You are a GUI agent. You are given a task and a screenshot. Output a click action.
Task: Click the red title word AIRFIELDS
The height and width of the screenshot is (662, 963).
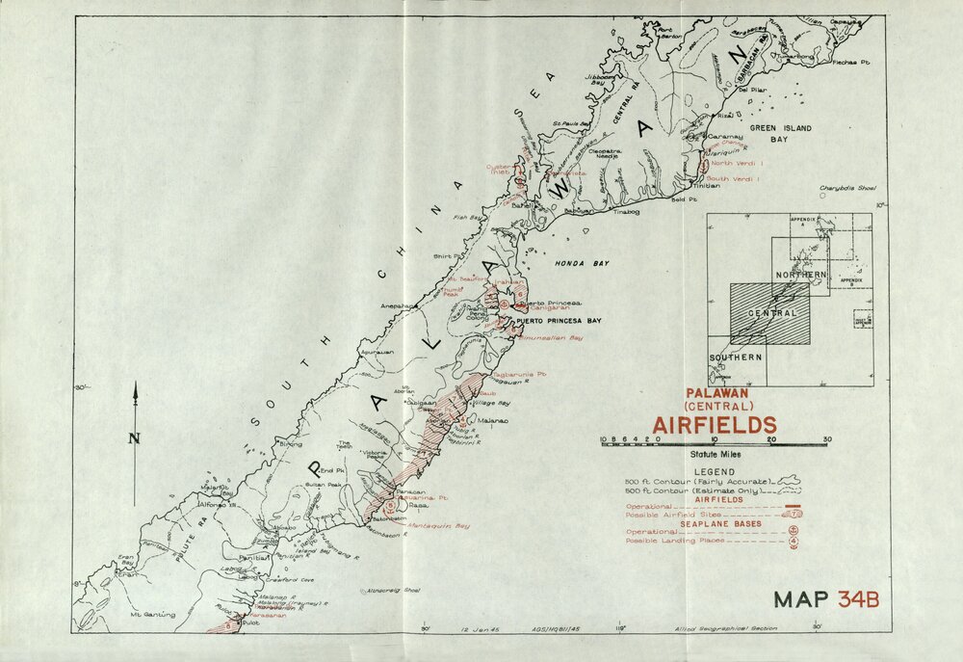[715, 424]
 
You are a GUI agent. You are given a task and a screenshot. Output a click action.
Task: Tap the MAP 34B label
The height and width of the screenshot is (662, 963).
[825, 598]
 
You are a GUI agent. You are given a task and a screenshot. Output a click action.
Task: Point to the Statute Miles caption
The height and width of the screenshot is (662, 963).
[715, 453]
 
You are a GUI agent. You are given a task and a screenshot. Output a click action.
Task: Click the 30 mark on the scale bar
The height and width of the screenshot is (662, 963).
[826, 438]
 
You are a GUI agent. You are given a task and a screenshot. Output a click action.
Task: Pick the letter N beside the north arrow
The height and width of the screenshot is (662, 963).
[135, 438]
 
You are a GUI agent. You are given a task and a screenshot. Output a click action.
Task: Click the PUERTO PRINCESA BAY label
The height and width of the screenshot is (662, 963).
[559, 320]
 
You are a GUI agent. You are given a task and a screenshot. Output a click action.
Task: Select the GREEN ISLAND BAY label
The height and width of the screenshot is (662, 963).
[782, 133]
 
